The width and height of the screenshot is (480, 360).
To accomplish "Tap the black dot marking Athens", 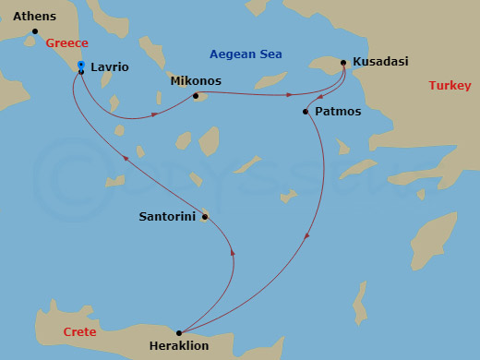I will [x=35, y=31].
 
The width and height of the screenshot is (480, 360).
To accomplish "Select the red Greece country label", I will [x=67, y=43].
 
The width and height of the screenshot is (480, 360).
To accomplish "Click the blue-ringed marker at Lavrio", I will [x=81, y=65].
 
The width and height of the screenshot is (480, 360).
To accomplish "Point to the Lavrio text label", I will [x=110, y=67].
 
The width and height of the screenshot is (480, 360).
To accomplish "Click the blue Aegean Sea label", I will [x=246, y=54].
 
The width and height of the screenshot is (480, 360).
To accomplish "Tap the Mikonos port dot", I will [x=196, y=95].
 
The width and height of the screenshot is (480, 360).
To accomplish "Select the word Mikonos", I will [x=196, y=81].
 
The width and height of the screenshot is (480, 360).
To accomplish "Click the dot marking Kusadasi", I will [x=343, y=63].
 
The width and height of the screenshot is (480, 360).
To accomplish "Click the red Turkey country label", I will [x=450, y=86].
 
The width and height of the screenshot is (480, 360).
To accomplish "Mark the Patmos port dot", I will [x=306, y=112].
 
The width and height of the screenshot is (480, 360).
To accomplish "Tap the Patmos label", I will [x=338, y=112].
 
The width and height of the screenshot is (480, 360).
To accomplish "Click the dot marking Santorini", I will [x=204, y=217].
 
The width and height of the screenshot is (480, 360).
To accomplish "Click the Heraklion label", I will [x=178, y=347].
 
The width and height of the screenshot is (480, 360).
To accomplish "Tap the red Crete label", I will [x=79, y=331].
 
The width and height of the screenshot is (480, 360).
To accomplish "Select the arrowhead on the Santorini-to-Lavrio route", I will [x=126, y=158].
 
